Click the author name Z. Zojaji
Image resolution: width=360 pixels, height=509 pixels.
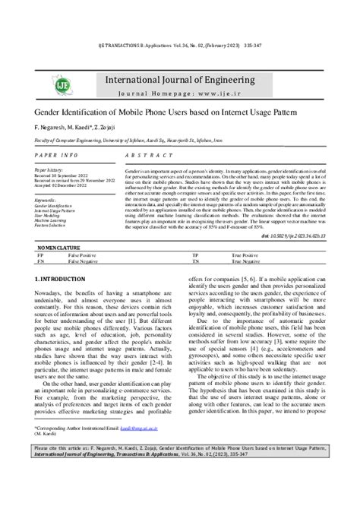pyautogui.click(x=118, y=125)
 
